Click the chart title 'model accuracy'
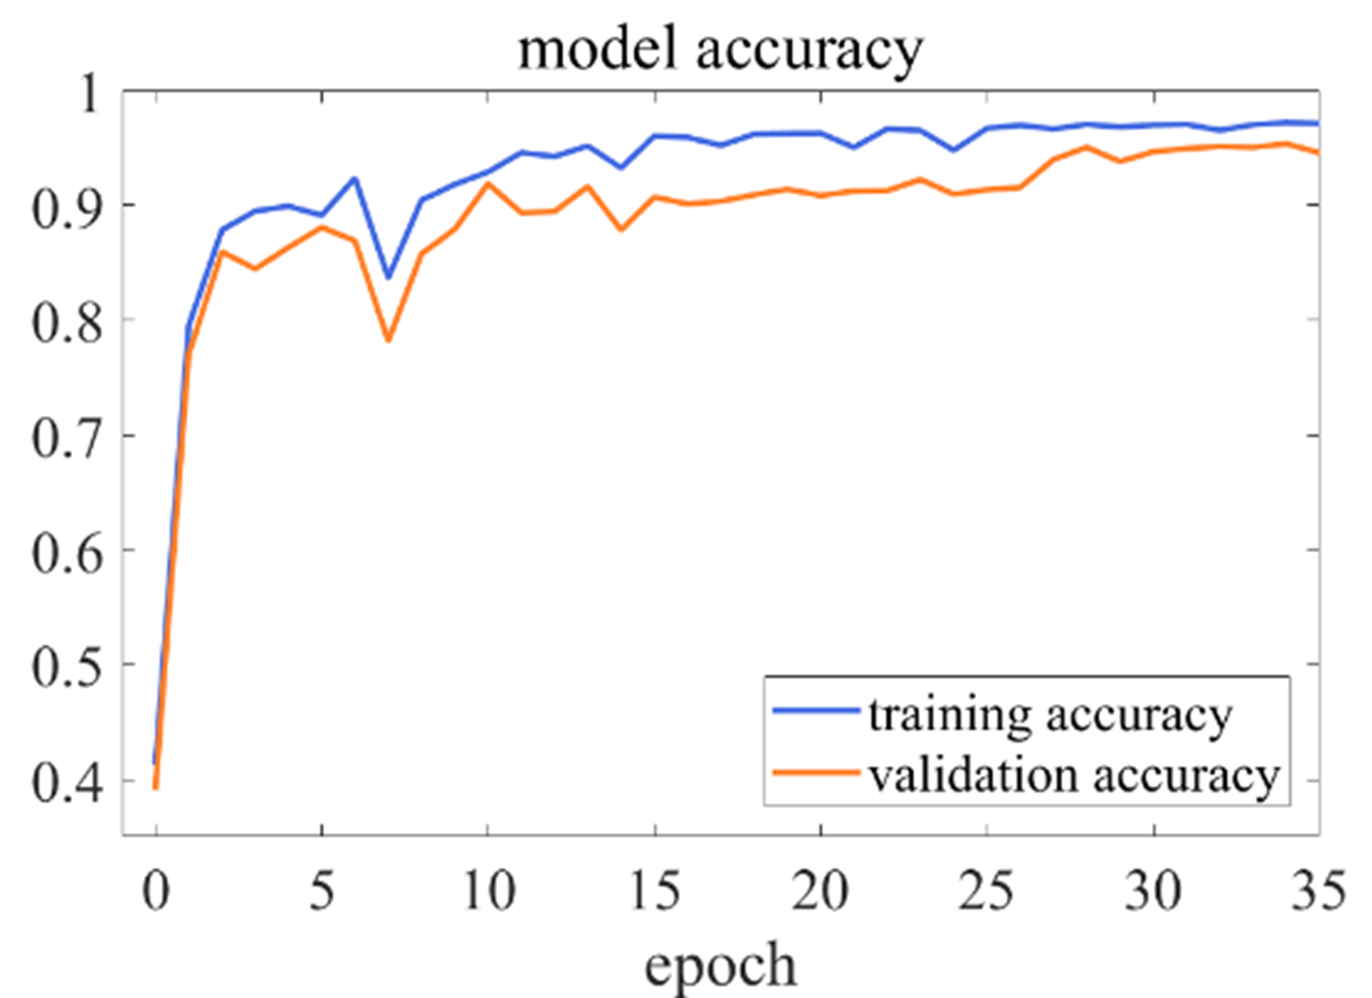720,50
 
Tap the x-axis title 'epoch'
720,966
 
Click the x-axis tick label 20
820,891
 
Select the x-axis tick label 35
1318,891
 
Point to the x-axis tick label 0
156,891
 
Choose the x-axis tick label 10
488,891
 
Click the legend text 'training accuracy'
1049,715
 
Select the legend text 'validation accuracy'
1074,775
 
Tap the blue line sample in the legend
815,711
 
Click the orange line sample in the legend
815,772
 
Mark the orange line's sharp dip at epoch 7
388,340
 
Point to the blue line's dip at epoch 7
388,277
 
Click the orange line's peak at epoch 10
488,184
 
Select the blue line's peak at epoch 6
355,178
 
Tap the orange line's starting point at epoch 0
156,787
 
